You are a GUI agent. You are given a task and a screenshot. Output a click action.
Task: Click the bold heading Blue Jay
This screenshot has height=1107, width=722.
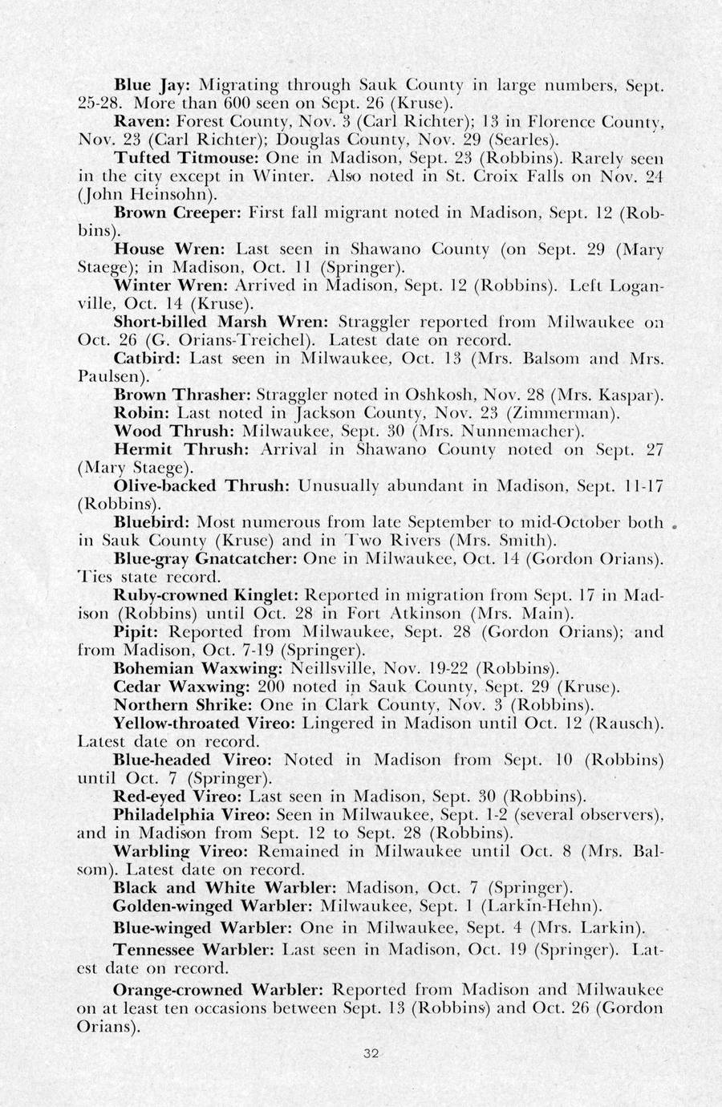coord(151,84)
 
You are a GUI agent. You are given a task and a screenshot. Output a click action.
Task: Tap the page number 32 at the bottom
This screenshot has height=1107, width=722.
coord(370,1054)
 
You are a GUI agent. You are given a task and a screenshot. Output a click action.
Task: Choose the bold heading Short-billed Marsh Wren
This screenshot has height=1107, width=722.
coord(221,322)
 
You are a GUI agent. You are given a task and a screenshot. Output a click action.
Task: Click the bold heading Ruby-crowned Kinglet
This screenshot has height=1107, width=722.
coord(207,595)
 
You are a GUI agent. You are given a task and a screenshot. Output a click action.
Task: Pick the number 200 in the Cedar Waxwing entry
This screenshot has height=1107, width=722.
coord(272,687)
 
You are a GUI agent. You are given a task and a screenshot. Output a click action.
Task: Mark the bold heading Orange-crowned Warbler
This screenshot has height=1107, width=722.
coord(217,989)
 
